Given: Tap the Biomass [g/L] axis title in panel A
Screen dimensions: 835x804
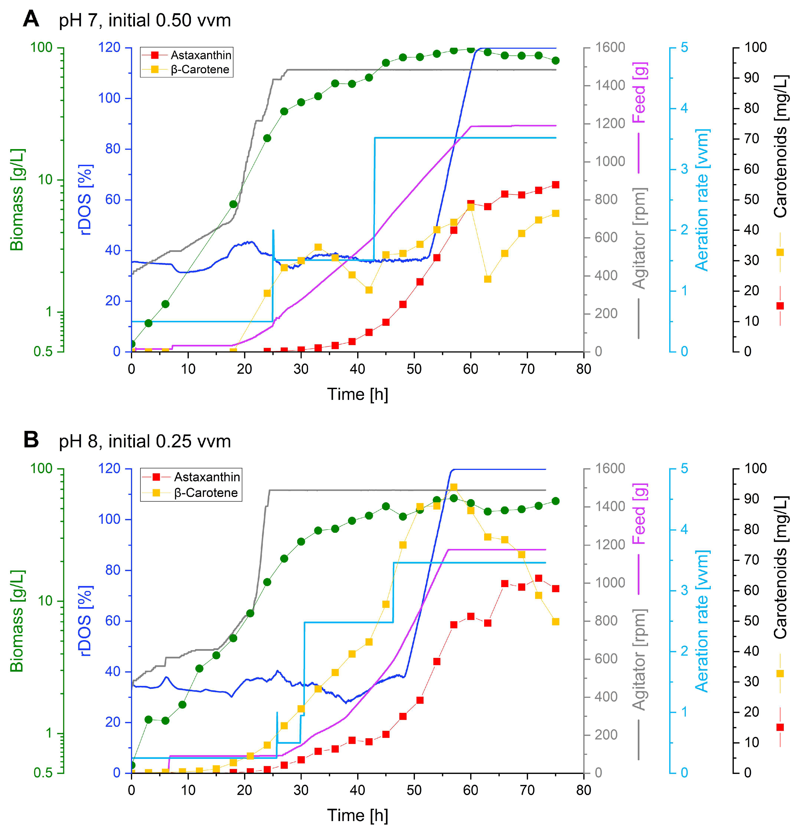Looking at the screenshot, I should point(17,199).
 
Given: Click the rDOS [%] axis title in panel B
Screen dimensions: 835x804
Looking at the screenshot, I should point(85,621).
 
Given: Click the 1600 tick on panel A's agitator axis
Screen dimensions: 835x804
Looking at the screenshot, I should point(610,47).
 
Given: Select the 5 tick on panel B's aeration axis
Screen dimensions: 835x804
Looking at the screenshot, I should point(684,468).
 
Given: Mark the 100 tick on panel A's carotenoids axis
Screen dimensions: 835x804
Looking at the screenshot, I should point(755,47).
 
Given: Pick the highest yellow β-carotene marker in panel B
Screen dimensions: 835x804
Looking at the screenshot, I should point(454,487).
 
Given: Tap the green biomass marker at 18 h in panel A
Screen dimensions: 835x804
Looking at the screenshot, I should point(233,204).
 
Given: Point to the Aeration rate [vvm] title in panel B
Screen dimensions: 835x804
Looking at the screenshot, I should point(701,621).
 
